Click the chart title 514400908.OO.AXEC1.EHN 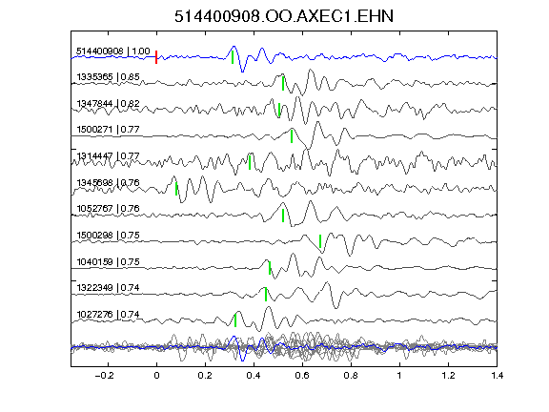click(x=284, y=16)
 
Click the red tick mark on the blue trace click(x=156, y=57)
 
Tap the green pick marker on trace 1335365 click(x=283, y=83)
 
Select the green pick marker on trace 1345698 click(x=176, y=189)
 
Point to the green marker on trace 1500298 click(x=320, y=241)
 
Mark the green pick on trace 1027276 click(x=235, y=320)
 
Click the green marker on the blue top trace click(x=233, y=57)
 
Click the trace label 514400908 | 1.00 click(x=113, y=51)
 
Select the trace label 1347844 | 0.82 click(x=108, y=104)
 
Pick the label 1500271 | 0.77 click(x=108, y=130)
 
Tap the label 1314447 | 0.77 click(x=108, y=155)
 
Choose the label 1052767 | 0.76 click(x=108, y=209)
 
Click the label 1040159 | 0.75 click(x=108, y=261)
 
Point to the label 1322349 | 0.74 click(x=108, y=288)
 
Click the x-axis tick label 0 click(x=156, y=376)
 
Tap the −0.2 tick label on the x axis click(x=104, y=376)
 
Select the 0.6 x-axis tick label click(x=302, y=376)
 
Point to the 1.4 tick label click(x=497, y=376)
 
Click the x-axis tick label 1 click(x=399, y=376)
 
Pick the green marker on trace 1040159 click(x=270, y=268)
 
